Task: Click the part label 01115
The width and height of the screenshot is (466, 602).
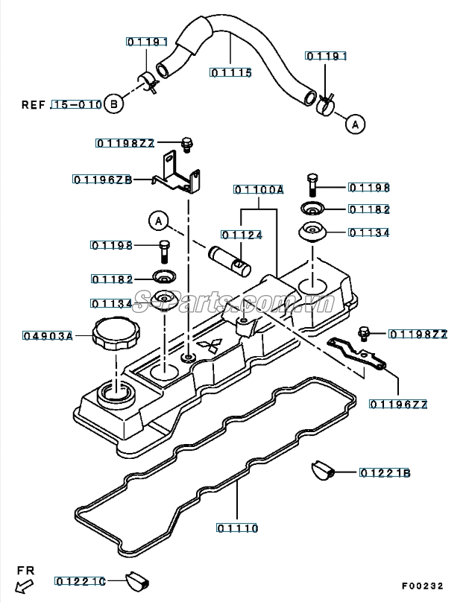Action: point(231,72)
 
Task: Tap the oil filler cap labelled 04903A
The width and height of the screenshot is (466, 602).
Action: point(116,335)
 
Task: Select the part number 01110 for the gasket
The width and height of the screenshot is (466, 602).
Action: point(237,528)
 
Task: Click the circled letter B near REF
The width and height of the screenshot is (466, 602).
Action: point(114,104)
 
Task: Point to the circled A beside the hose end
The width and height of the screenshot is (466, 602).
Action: point(355,124)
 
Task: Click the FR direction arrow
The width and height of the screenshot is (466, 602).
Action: point(25,586)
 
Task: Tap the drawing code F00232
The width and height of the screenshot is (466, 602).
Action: point(423,586)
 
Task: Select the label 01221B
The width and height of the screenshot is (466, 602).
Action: point(385,473)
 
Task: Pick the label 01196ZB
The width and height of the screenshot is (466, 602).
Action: point(103,180)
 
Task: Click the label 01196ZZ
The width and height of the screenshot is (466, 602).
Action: point(398,405)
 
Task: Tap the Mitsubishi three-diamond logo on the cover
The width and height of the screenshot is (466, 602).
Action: point(210,344)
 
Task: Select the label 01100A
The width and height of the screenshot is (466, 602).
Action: point(259,190)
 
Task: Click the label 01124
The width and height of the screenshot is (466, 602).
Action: point(242,235)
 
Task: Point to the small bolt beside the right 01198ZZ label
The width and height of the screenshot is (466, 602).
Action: point(362,333)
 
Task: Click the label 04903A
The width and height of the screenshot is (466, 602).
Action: point(48,336)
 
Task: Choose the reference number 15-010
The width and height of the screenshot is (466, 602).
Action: point(77,104)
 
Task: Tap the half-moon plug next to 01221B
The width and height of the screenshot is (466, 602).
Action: point(323,470)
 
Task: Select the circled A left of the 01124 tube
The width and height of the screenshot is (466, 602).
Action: point(159,221)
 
